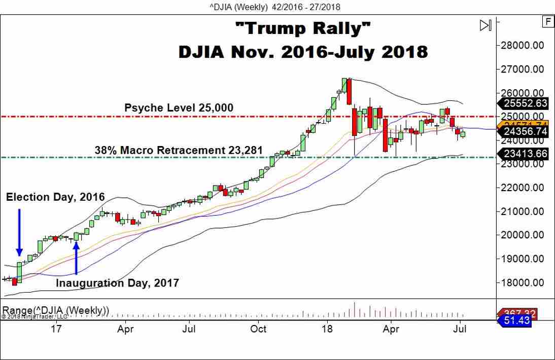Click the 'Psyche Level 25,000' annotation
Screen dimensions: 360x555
pos(179,108)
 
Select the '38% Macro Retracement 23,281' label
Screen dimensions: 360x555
pos(179,150)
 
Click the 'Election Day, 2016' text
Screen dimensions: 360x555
pos(55,197)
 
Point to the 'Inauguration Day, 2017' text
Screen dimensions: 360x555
pos(117,283)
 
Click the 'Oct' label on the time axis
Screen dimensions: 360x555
pos(258,329)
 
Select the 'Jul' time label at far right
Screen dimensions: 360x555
pos(460,329)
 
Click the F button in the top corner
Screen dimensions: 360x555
pos(547,21)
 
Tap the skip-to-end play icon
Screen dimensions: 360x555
pos(485,25)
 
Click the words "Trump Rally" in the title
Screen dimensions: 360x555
pos(303,29)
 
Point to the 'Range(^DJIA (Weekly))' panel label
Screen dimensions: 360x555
pos(56,309)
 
